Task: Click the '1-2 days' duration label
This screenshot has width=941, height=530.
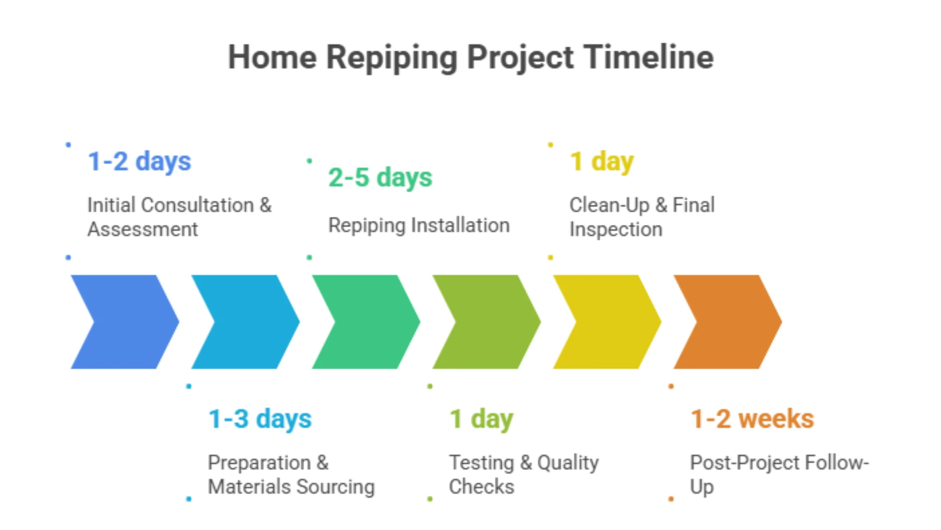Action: (139, 162)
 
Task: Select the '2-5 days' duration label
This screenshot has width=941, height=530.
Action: (380, 178)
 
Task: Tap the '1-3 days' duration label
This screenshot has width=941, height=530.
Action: (260, 419)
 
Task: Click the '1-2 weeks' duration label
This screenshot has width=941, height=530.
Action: (752, 419)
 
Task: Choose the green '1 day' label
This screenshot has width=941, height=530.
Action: (481, 419)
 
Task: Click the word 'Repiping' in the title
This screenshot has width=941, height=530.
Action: (392, 57)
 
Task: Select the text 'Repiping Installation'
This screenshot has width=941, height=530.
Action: (419, 225)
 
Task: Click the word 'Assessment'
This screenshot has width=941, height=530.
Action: (142, 230)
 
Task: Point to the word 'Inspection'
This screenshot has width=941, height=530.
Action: (616, 230)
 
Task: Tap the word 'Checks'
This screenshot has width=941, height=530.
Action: (481, 487)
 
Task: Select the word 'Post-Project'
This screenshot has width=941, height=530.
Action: (744, 463)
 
